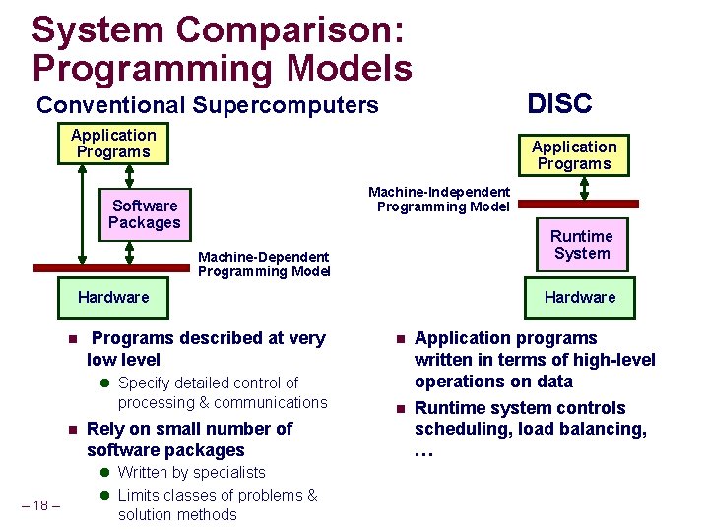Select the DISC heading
coord(559,103)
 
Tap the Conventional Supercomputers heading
coord(207,105)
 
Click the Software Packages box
coord(145,214)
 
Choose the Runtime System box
coord(581,245)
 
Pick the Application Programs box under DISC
coord(574,155)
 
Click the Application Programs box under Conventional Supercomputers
coord(113,144)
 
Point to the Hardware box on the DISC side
coord(580,297)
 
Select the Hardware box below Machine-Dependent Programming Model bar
coord(113,297)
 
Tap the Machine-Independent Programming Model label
coord(439,199)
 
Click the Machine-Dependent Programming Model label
coord(264,264)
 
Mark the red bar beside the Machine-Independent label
coord(578,204)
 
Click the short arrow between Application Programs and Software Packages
coord(130,176)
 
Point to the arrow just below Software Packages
coord(130,252)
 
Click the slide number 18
coord(40,505)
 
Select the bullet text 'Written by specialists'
coord(191,473)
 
